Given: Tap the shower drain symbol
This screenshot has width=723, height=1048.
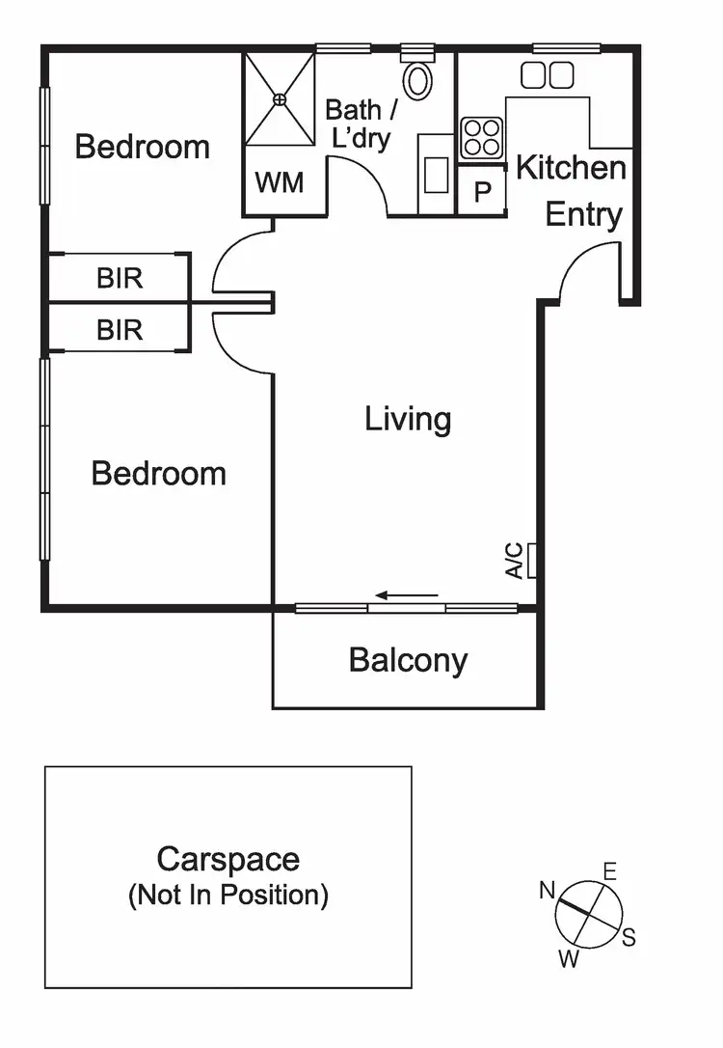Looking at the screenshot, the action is pyautogui.click(x=280, y=98).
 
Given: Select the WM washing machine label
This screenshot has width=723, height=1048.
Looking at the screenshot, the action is pyautogui.click(x=280, y=182).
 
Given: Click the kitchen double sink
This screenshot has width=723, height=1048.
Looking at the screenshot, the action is pyautogui.click(x=548, y=74).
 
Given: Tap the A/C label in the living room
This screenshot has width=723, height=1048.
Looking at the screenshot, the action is pyautogui.click(x=516, y=561).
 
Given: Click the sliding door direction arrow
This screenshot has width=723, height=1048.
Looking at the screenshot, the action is pyautogui.click(x=407, y=595).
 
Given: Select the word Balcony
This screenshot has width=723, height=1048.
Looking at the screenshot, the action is pyautogui.click(x=408, y=661).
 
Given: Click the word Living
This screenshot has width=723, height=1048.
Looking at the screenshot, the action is pyautogui.click(x=408, y=419).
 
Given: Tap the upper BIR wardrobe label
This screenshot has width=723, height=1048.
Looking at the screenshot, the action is pyautogui.click(x=120, y=279).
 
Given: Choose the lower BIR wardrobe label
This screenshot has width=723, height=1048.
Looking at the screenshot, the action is pyautogui.click(x=120, y=330).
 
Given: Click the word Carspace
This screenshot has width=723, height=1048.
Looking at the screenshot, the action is pyautogui.click(x=228, y=859).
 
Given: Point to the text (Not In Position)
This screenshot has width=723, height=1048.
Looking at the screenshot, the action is pyautogui.click(x=228, y=896).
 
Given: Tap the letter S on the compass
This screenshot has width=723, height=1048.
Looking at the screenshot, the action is pyautogui.click(x=629, y=937).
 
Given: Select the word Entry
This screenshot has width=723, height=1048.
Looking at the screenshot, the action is pyautogui.click(x=583, y=214).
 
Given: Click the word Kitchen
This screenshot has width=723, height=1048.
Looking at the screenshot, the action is pyautogui.click(x=571, y=168).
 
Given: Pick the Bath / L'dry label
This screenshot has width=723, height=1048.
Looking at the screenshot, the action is pyautogui.click(x=359, y=124).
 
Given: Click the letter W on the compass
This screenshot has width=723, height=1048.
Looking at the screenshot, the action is pyautogui.click(x=569, y=959).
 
